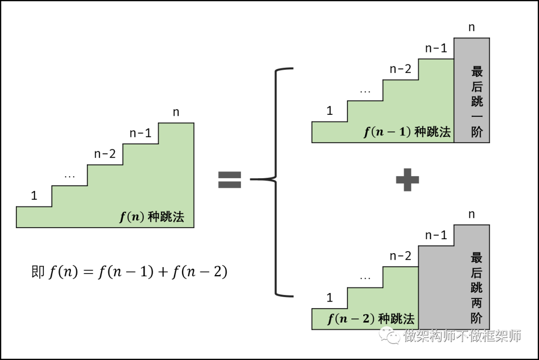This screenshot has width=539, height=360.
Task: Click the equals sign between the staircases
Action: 230,179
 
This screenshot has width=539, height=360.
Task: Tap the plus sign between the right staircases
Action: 407,179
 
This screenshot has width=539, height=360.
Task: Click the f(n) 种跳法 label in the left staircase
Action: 152,217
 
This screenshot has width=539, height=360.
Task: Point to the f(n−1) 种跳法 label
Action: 407,132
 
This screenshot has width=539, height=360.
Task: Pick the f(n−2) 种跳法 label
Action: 371,319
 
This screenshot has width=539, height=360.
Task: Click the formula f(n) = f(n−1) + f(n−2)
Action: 139,272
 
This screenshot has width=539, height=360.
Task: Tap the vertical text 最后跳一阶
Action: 477,102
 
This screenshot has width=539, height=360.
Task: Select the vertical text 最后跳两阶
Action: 477,288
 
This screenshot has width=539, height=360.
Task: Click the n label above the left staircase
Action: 176,112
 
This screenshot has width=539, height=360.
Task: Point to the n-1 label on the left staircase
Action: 140,133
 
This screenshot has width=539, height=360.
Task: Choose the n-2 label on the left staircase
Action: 105,154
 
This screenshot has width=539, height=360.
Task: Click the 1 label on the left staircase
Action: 34,196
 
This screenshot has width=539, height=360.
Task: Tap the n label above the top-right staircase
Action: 472,27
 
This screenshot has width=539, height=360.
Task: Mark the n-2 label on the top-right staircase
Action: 400,69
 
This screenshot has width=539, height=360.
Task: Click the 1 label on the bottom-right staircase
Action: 330,298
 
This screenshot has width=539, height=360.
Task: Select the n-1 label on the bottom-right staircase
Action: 436,235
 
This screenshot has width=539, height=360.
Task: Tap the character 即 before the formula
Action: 38,271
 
